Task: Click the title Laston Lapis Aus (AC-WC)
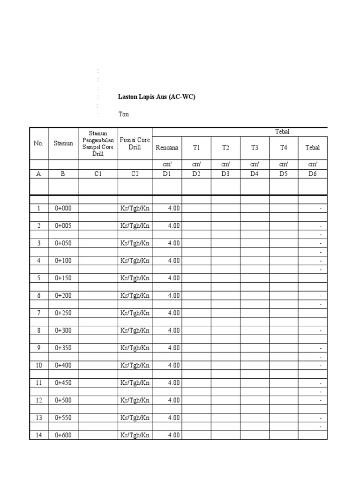(x=156, y=97)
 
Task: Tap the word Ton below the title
(x=123, y=114)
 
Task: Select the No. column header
(x=38, y=143)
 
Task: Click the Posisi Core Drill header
(x=135, y=143)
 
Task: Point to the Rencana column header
(x=167, y=148)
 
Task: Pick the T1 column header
(x=196, y=148)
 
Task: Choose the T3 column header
(x=255, y=148)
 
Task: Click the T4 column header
(x=284, y=148)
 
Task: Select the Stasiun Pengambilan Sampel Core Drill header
(x=98, y=143)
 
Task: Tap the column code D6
(x=313, y=173)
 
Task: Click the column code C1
(x=98, y=173)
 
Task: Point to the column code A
(x=38, y=173)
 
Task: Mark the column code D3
(x=225, y=173)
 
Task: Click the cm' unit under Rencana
(x=167, y=164)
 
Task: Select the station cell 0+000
(x=63, y=208)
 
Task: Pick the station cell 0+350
(x=63, y=348)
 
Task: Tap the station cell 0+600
(x=63, y=435)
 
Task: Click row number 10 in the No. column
(x=38, y=365)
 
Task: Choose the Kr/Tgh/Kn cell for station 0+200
(x=135, y=295)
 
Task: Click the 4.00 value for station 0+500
(x=173, y=400)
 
